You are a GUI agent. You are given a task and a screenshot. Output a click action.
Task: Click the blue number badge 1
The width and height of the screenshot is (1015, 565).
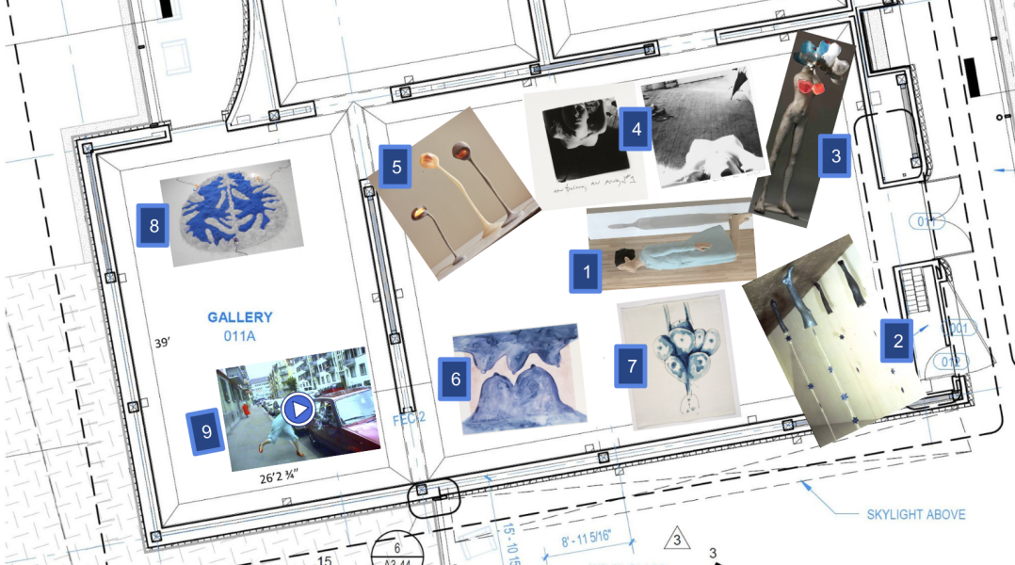[x=587, y=273]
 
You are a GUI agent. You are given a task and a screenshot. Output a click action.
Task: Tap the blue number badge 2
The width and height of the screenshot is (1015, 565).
[x=897, y=341]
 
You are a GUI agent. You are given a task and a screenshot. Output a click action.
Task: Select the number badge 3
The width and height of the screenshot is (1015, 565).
[x=834, y=156]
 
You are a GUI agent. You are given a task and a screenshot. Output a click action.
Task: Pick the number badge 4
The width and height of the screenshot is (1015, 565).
[x=636, y=130]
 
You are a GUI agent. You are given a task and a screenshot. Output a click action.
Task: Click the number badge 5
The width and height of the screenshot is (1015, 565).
[x=396, y=168]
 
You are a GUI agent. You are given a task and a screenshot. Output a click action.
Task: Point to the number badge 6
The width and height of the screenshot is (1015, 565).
[x=456, y=379]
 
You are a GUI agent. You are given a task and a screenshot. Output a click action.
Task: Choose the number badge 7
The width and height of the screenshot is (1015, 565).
[x=632, y=365]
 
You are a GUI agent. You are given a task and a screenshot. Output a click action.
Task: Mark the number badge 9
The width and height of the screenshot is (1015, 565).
[x=207, y=431]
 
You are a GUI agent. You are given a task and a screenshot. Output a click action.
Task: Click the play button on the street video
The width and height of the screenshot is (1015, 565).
[x=298, y=410]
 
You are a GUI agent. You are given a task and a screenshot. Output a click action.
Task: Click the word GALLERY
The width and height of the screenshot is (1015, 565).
[x=240, y=317]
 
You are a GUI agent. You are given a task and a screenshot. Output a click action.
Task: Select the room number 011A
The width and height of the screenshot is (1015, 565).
[x=240, y=335]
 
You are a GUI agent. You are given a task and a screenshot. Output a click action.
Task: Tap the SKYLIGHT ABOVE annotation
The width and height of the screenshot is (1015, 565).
[x=915, y=515]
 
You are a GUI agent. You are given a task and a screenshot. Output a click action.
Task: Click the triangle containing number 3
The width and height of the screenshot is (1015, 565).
[x=675, y=540]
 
